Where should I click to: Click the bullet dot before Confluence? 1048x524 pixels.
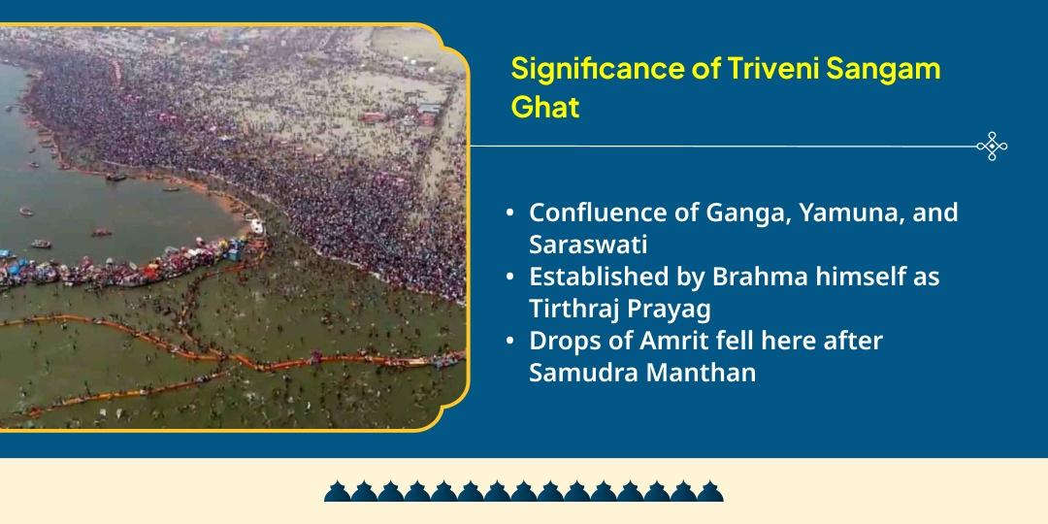[510, 213]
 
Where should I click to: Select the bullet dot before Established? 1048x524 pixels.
[510, 278]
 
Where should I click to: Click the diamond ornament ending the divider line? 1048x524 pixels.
[992, 147]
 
